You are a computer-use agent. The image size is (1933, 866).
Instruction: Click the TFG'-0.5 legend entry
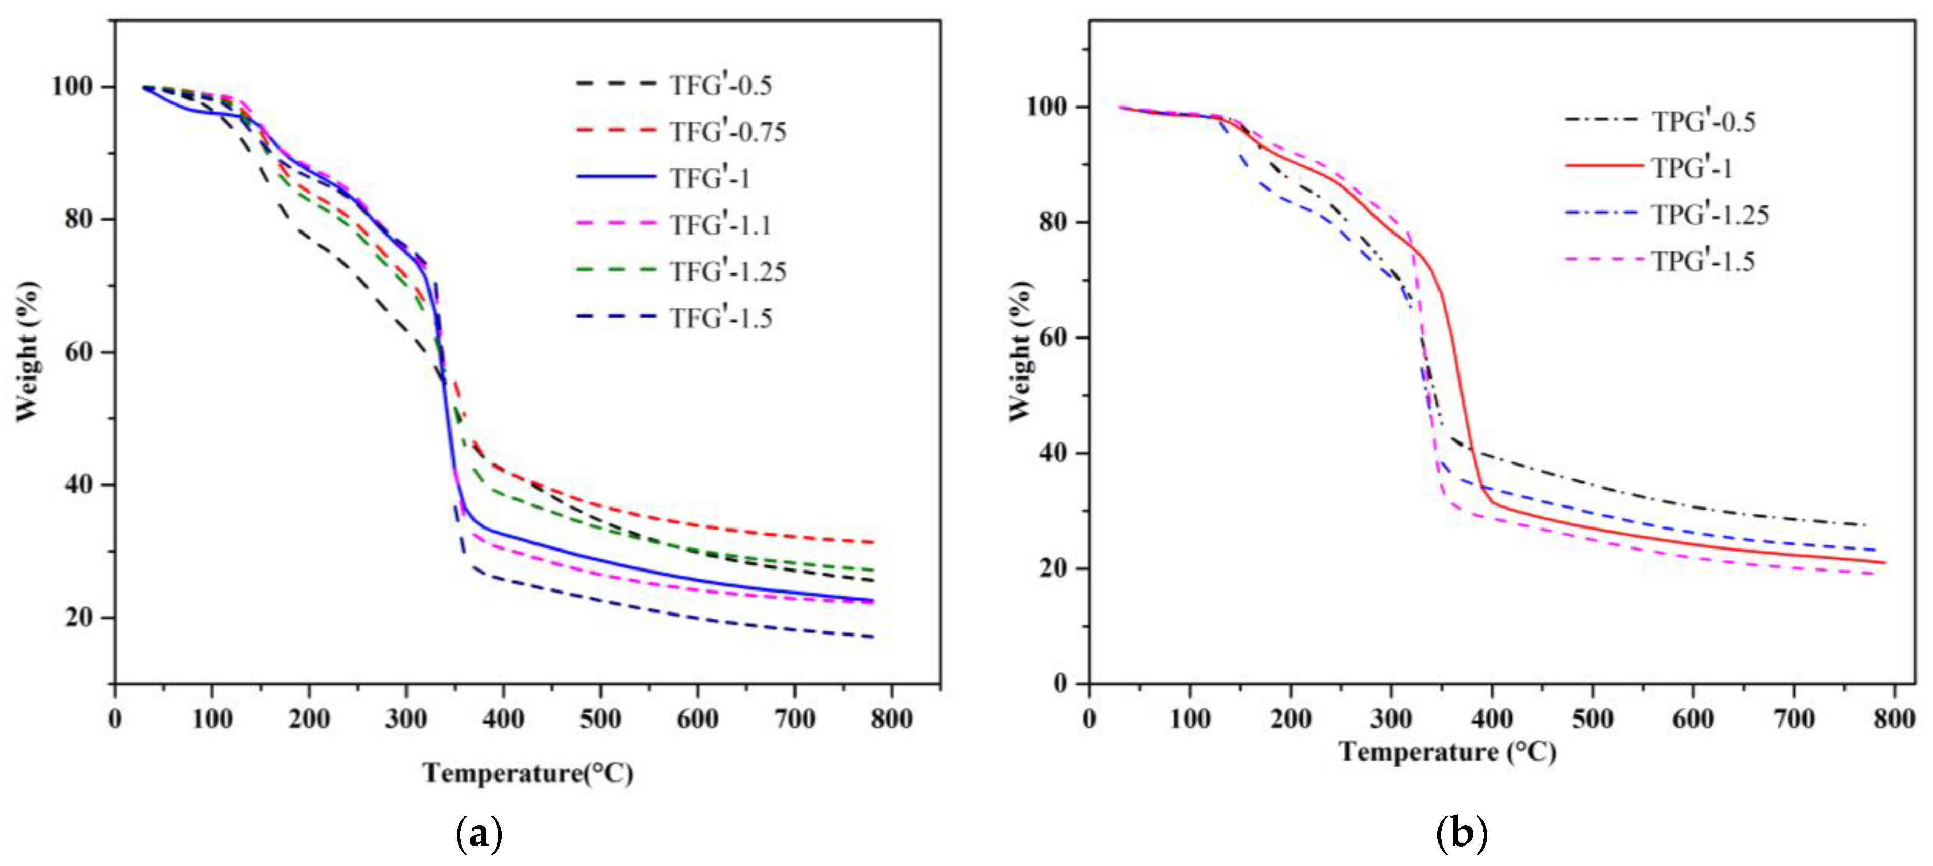720,85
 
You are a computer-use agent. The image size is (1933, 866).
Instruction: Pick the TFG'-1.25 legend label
728,271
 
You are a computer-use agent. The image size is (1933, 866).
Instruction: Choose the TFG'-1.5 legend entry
720,318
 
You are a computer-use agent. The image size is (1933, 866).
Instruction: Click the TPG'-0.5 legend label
1703,121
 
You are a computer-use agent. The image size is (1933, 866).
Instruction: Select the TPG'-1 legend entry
1692,167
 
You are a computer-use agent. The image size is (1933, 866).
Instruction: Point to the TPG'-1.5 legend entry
1703,261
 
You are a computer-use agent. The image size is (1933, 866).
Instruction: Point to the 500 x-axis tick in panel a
600,719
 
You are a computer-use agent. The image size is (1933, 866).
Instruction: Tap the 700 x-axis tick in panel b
1793,719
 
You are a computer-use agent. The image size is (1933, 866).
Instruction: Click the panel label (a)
479,833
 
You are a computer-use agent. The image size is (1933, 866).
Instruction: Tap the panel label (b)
1461,833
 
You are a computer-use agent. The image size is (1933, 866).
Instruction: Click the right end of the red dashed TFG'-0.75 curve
873,542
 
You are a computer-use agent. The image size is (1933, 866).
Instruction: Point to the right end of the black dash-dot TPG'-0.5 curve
1865,524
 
